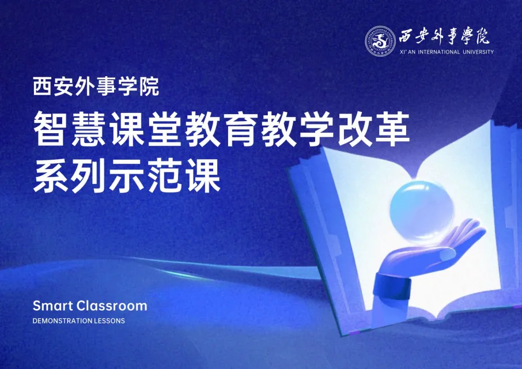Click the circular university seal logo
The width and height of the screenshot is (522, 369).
tap(380, 41)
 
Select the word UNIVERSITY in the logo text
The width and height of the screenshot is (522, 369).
tap(478, 52)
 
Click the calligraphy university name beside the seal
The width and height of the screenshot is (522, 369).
tap(444, 36)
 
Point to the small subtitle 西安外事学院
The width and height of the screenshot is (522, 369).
tap(96, 86)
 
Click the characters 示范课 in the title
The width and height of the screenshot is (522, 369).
tap(165, 175)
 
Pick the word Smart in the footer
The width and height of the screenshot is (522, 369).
tap(52, 306)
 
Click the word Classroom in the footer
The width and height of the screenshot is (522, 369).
tap(112, 306)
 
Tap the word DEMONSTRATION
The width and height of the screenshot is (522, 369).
tap(62, 321)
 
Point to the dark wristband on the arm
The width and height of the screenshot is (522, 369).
tap(392, 287)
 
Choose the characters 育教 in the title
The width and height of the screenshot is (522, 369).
tap(259, 129)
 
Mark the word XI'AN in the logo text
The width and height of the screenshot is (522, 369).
tap(407, 52)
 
